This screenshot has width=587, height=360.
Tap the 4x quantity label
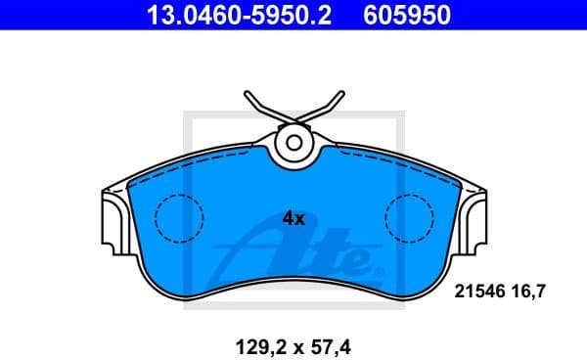click(x=293, y=219)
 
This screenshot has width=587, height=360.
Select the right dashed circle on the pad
click(x=409, y=218)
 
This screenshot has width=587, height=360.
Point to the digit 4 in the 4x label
click(x=288, y=219)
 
